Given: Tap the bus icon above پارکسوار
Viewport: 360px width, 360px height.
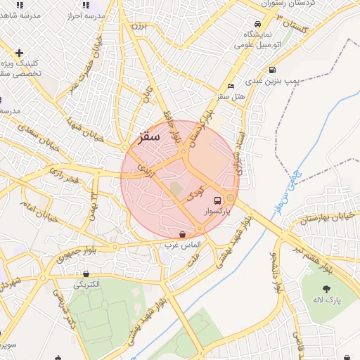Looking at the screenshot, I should tap(217, 199).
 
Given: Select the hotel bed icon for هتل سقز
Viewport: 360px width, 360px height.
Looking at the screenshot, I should tap(230, 86).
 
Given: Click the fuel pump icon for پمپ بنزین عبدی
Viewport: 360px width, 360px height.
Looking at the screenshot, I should tap(272, 70).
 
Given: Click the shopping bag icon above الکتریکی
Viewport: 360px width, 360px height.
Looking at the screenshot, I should tap(86, 274).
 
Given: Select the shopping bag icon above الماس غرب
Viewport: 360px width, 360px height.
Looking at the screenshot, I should tap(183, 234).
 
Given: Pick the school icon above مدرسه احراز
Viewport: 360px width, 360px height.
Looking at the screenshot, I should tap(85, 5).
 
